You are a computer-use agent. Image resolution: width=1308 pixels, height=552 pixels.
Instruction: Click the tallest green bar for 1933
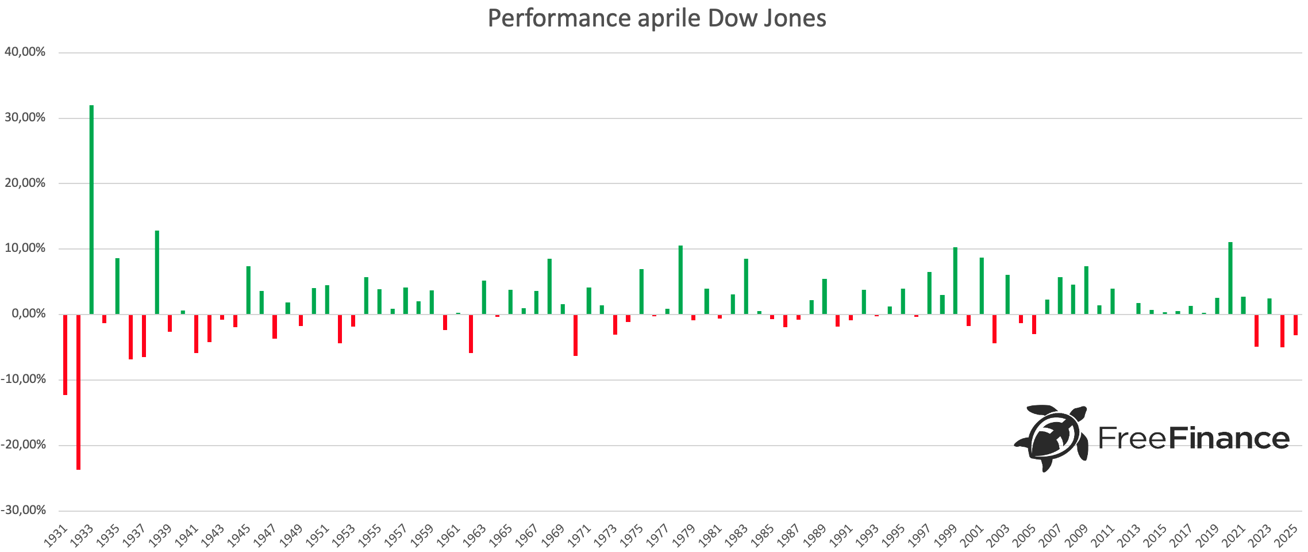(x=91, y=209)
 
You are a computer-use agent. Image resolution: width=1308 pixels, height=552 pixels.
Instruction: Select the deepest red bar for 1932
(x=78, y=392)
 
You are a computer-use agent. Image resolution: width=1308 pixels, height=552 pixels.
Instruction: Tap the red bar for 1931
(x=65, y=354)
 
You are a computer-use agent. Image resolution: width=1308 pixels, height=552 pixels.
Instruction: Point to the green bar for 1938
(x=157, y=272)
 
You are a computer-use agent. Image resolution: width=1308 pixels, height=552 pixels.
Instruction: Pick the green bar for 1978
(x=680, y=279)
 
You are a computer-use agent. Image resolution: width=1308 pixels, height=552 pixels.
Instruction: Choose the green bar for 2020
(x=1230, y=278)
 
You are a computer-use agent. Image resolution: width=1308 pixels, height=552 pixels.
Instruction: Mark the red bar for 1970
(x=576, y=335)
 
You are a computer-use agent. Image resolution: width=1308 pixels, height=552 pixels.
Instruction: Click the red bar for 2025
(x=1295, y=324)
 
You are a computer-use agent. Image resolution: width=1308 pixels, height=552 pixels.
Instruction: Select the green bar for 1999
(x=955, y=281)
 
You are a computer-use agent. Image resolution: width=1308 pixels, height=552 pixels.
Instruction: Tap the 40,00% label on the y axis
(x=25, y=52)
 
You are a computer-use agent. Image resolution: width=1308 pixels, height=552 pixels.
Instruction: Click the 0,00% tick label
(x=27, y=314)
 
